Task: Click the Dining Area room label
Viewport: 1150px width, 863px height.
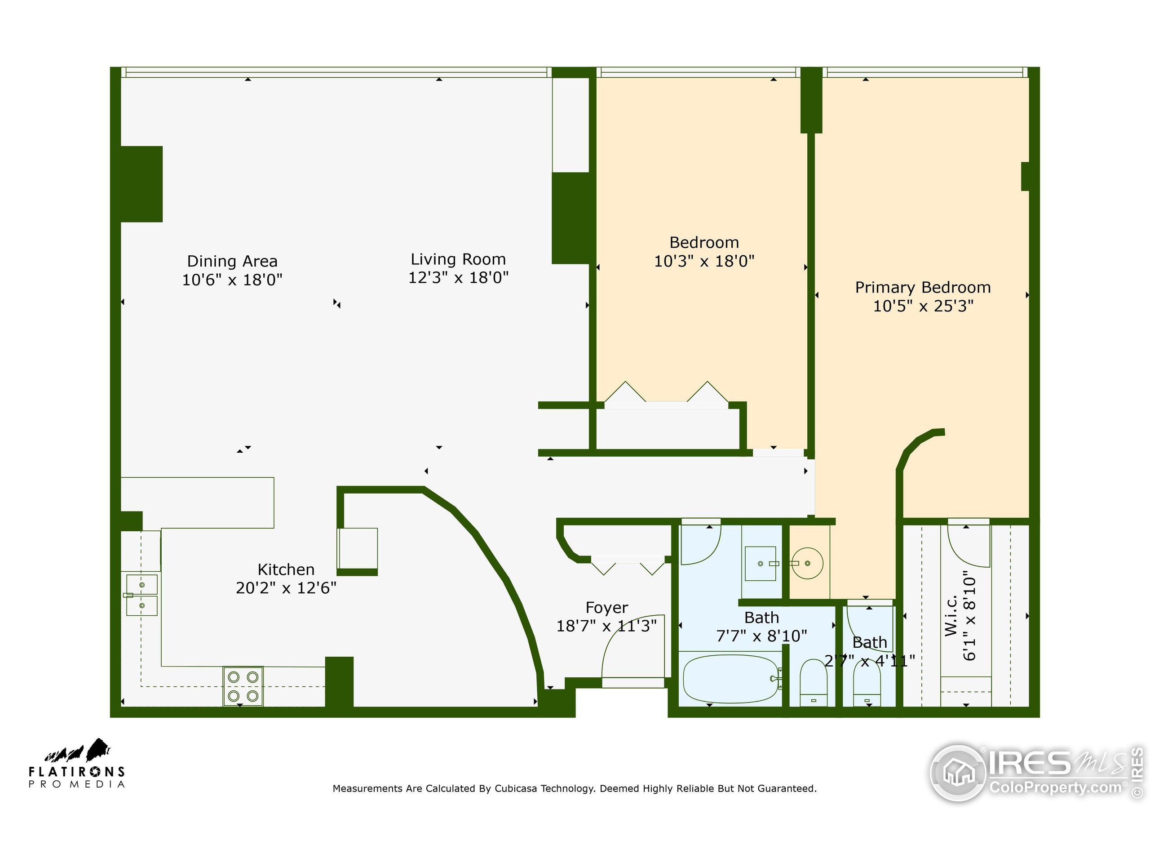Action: pyautogui.click(x=232, y=261)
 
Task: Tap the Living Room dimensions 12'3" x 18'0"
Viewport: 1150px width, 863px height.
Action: pyautogui.click(x=458, y=278)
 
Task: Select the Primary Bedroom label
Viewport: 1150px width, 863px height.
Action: pyautogui.click(x=923, y=287)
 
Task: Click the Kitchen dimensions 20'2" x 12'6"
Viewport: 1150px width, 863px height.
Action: pyautogui.click(x=286, y=588)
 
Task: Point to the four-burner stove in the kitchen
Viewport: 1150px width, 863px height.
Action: pyautogui.click(x=243, y=685)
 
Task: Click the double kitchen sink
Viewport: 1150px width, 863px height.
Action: pyautogui.click(x=142, y=595)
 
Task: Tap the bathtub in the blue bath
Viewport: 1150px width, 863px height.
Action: pyautogui.click(x=730, y=679)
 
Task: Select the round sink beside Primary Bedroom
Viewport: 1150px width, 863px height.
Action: pyautogui.click(x=807, y=563)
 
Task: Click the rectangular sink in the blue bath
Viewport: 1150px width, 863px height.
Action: pyautogui.click(x=760, y=563)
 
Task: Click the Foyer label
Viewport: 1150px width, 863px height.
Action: pyautogui.click(x=607, y=608)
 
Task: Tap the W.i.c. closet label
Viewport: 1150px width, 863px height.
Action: pyautogui.click(x=951, y=615)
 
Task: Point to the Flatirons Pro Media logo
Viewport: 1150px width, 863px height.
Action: pyautogui.click(x=77, y=763)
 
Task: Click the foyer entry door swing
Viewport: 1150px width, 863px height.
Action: pyautogui.click(x=632, y=648)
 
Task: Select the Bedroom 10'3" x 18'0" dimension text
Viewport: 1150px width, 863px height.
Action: pyautogui.click(x=704, y=261)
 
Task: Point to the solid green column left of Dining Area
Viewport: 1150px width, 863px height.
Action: pyautogui.click(x=142, y=184)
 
